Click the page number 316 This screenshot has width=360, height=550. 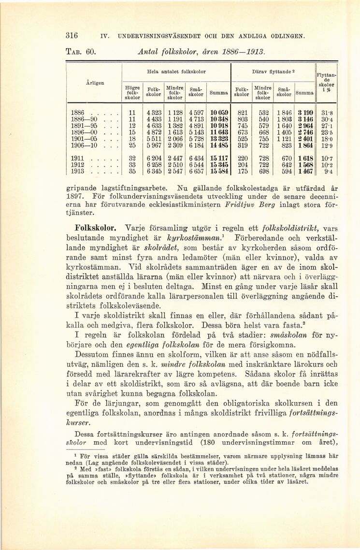point(72,35)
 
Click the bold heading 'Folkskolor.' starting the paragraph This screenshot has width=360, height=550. point(96,227)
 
